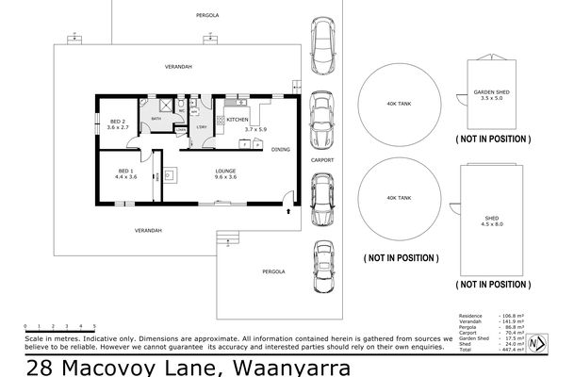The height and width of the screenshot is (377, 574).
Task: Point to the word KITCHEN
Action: click(237, 120)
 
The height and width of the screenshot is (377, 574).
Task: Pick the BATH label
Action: click(156, 119)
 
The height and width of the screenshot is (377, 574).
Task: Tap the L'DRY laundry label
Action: click(201, 128)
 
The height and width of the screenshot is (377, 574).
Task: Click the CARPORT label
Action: click(323, 161)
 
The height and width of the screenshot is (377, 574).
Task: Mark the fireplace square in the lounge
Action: click(172, 172)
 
